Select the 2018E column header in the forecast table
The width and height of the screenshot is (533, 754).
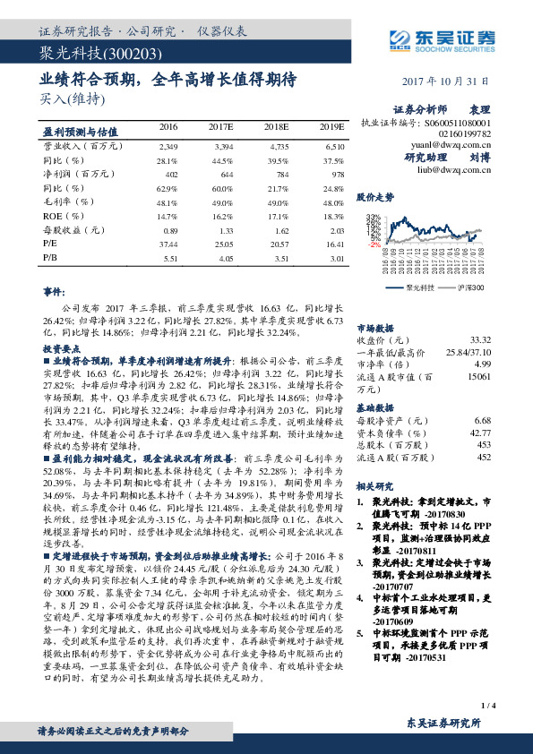click(277, 129)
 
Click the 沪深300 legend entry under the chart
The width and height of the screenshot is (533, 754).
click(469, 288)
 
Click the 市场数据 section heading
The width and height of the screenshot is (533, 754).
click(374, 329)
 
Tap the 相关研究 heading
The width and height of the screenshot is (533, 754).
click(374, 485)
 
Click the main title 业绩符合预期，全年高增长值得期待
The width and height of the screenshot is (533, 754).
click(168, 79)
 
